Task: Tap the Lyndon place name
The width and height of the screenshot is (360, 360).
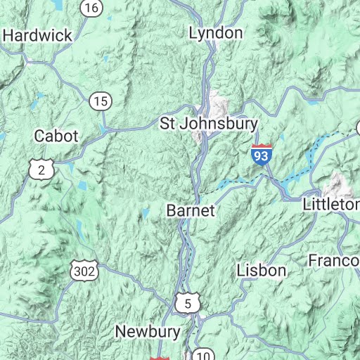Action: [216, 33]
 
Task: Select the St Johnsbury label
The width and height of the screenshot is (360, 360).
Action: [209, 124]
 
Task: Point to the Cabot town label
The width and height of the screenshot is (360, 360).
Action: [56, 136]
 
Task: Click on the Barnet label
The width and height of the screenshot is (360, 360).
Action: [191, 210]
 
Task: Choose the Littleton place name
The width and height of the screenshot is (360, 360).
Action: [330, 205]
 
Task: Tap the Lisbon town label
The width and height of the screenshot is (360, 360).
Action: [262, 270]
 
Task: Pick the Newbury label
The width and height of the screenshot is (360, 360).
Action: [148, 331]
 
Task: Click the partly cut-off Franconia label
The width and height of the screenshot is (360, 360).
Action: [334, 261]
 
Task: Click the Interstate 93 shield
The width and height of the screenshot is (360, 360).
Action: [260, 154]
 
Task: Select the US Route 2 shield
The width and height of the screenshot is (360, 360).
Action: [41, 168]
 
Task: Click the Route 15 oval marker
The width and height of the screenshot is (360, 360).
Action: [101, 101]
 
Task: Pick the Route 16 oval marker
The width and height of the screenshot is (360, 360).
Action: [91, 8]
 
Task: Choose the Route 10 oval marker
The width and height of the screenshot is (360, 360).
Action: [203, 354]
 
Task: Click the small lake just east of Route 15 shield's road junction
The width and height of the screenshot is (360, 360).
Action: [105, 129]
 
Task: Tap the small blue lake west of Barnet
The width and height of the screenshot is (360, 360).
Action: [146, 212]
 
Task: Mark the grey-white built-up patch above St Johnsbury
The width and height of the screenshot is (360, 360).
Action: [218, 103]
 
